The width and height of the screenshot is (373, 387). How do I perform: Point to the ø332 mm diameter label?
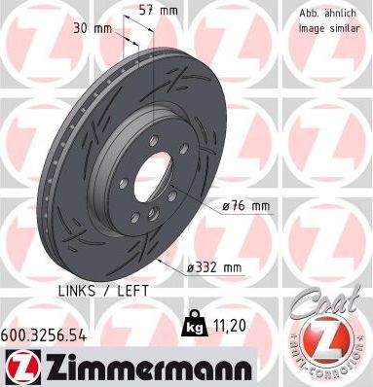click(214, 266)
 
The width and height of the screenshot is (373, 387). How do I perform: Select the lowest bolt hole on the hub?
click(151, 219)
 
